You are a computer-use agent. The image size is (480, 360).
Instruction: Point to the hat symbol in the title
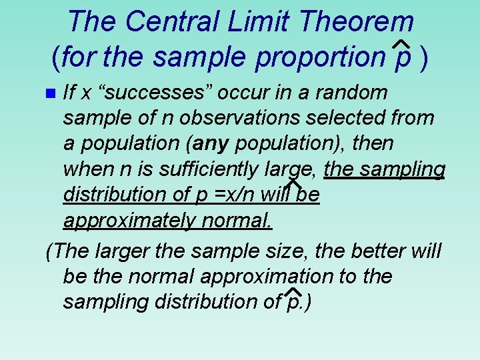[x=401, y=44]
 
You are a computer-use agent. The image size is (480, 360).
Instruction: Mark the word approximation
[x=275, y=276]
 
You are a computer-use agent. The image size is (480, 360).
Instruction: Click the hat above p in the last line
[x=292, y=292]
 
